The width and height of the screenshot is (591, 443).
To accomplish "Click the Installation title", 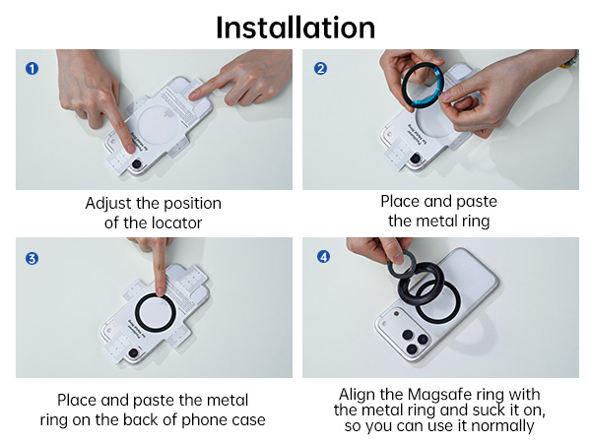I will pos(295,26).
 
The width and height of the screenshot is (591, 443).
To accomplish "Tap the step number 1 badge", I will pos(32,69).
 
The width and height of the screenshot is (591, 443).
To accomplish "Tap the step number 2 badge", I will pos(320,69).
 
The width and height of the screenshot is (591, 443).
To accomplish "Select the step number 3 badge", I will pos(32,259).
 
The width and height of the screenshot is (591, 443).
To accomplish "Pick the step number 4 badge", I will pos(320,259).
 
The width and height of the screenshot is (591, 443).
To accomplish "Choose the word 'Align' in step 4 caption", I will pos(360,392).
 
